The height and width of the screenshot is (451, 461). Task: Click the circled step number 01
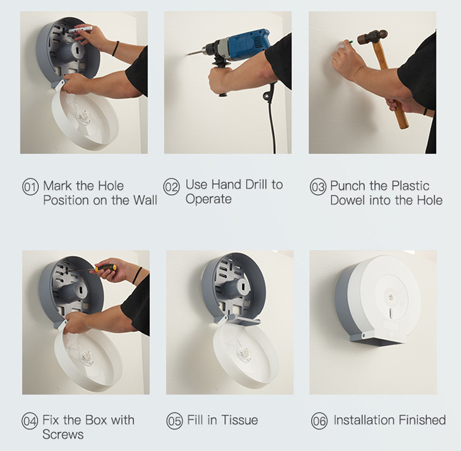(30, 187)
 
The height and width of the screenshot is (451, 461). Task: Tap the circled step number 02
(171, 187)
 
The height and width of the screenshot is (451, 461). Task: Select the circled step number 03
(318, 187)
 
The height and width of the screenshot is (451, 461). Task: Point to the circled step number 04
(30, 421)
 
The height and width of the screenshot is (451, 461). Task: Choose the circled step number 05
(175, 421)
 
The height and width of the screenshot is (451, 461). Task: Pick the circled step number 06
(319, 421)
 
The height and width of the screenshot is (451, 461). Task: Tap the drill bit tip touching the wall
(188, 54)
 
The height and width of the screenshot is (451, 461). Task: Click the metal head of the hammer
(372, 37)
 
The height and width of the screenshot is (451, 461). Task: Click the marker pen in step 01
(80, 29)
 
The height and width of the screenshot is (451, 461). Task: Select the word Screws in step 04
(63, 434)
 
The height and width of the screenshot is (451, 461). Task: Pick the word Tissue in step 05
(239, 420)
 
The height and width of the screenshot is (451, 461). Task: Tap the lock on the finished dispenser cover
(391, 297)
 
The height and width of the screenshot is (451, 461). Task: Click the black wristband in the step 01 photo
(116, 49)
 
